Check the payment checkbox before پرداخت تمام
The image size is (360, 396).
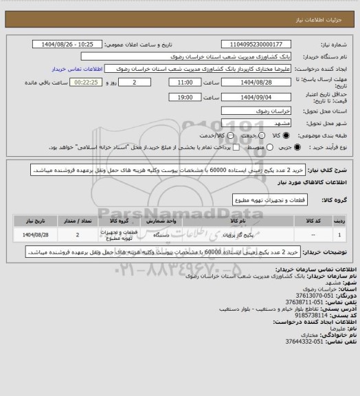218,147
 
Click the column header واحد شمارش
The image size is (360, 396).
153,221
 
